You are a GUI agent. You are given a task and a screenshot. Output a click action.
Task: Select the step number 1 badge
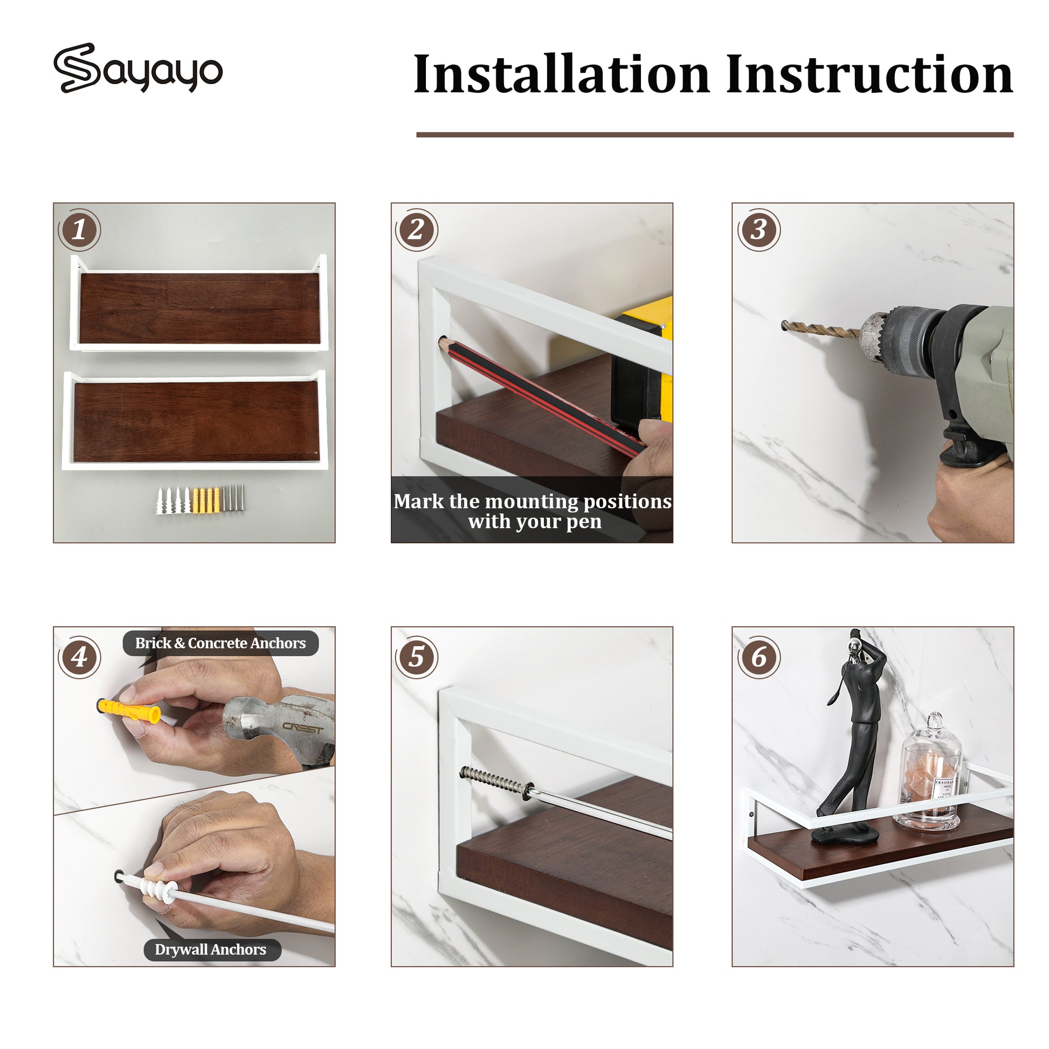79,230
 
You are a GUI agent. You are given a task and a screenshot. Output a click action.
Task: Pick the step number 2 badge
417,230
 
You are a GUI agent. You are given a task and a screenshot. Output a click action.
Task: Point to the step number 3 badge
758,230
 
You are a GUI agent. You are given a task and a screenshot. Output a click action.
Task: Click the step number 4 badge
79,658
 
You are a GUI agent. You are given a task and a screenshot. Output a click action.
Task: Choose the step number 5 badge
417,658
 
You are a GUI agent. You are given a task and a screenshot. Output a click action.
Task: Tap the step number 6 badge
758,658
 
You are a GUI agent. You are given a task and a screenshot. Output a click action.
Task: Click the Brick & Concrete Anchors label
220,644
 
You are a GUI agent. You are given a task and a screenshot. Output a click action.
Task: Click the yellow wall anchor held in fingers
130,712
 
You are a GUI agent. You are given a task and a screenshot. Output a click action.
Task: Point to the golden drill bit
821,329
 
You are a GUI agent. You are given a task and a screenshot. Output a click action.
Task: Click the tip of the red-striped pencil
440,341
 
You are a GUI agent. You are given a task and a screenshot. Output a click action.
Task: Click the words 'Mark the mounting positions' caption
533,501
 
